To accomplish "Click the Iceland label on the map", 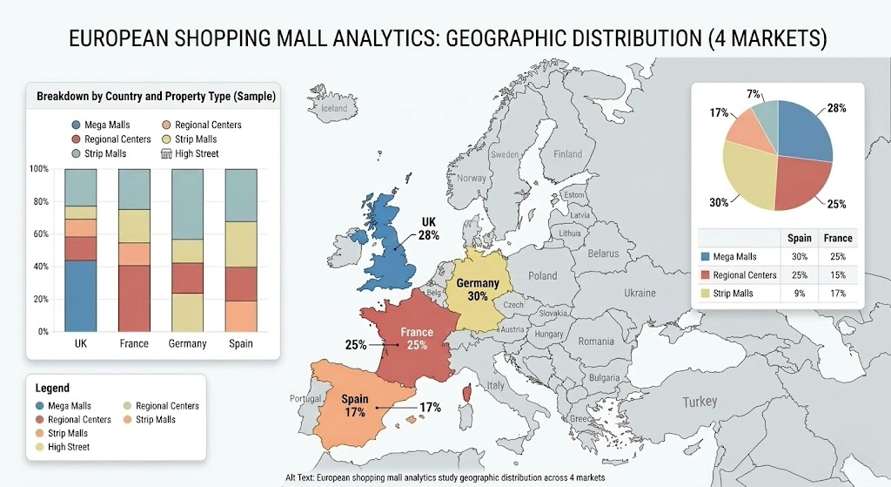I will click(334, 108).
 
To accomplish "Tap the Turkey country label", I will click(700, 402).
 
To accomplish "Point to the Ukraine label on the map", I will click(640, 293).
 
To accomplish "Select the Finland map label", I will click(568, 154).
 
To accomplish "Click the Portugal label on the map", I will click(306, 398).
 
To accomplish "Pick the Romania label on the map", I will click(596, 342).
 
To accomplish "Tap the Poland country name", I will click(542, 275).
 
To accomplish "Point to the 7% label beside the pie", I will click(754, 93).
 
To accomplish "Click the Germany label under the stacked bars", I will click(188, 343).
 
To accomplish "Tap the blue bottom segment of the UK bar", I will click(81, 295).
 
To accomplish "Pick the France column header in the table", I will click(838, 238).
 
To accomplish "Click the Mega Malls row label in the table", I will click(736, 257).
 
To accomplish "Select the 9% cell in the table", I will click(800, 294).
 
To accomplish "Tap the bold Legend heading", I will click(52, 388).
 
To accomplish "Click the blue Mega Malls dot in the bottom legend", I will click(41, 406).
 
